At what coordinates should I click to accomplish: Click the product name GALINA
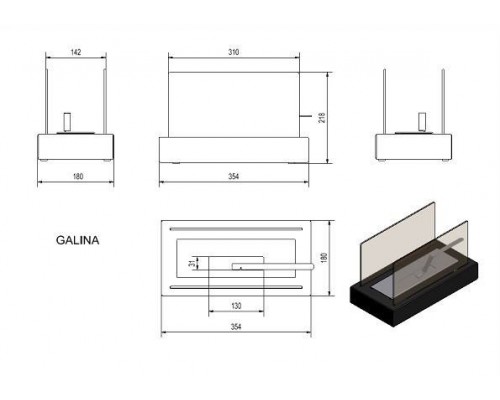coord(77,240)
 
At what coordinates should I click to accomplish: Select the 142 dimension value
coord(76,52)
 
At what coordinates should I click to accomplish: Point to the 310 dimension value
coord(233,52)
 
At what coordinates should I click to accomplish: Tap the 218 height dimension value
coord(322,117)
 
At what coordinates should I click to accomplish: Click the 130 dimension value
coord(236,306)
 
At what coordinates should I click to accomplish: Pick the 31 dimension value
coord(191,263)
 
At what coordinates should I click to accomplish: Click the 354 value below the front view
coord(234,176)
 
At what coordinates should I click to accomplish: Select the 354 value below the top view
coord(236,327)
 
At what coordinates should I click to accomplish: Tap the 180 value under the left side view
coord(78,176)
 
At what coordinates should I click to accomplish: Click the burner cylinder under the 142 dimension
coord(67,122)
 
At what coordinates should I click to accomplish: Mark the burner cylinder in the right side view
coord(423,122)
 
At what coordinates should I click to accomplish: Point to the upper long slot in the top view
coord(236,229)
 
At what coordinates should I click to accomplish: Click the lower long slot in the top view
coord(236,287)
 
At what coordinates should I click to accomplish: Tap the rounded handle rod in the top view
coord(273,266)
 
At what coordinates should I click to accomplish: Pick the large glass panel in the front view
coord(234,104)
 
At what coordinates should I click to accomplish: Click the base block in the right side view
coord(414,147)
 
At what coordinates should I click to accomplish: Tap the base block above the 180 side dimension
coord(76,147)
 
